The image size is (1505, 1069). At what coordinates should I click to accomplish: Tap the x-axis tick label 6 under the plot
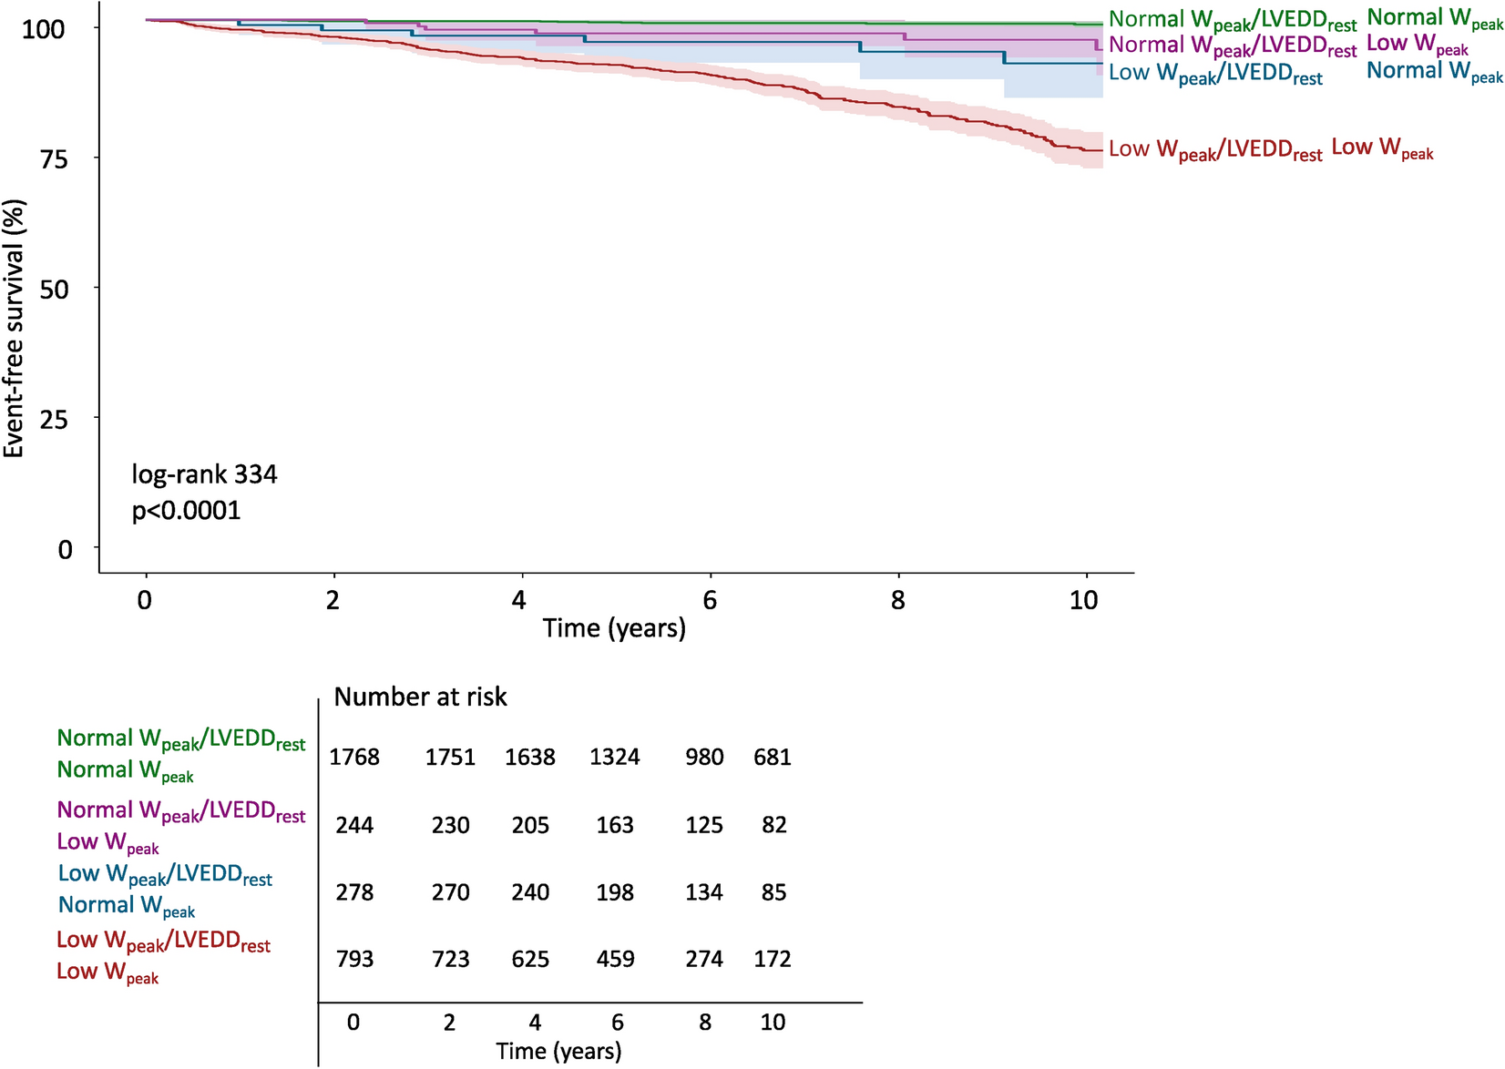point(710,600)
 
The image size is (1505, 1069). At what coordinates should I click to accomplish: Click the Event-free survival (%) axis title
point(15,329)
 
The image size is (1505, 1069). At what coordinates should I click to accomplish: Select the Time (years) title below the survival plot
point(614,628)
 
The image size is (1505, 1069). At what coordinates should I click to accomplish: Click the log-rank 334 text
point(204,474)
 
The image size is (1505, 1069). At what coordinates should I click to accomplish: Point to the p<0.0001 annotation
point(187,510)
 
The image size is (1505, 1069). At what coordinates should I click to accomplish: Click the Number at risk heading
point(420,697)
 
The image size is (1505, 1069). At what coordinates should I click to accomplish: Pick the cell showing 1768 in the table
point(354,758)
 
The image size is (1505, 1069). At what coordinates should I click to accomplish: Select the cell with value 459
point(615,959)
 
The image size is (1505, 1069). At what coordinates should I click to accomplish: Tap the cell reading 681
point(773,758)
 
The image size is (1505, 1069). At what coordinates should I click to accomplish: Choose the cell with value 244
point(354,825)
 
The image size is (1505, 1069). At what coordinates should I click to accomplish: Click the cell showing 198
point(615,892)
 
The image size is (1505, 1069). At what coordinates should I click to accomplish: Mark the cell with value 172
point(773,959)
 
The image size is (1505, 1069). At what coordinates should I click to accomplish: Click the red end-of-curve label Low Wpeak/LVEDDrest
point(1215,150)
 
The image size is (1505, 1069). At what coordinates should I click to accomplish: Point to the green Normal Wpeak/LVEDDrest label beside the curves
point(1232,21)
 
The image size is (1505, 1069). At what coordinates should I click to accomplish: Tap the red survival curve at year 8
point(899,107)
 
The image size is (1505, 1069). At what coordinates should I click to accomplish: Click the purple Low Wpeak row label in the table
point(108,843)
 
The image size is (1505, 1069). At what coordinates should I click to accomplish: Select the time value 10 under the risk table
point(773,1022)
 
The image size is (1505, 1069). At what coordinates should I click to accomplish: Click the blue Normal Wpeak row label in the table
point(127,907)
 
